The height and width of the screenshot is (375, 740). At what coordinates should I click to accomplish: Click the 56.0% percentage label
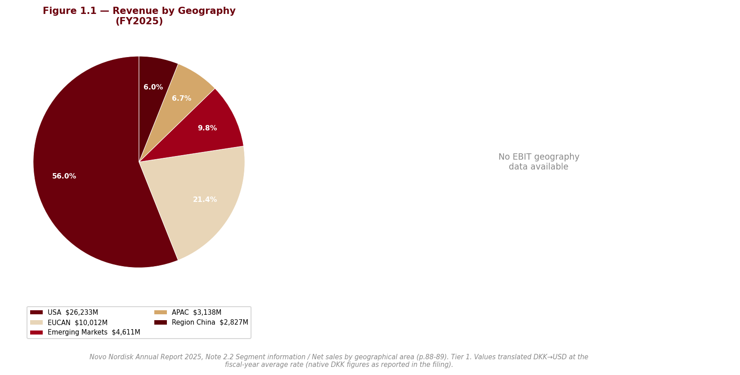pos(64,176)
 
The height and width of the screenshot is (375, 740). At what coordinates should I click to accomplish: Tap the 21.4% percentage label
pos(205,200)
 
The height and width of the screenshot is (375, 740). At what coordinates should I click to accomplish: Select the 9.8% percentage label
pos(207,128)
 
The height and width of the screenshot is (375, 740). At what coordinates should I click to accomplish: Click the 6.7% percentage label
pos(181,98)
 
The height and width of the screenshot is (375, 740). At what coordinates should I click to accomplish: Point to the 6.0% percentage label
pos(153,87)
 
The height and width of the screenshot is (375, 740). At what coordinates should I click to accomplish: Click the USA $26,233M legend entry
pos(64,312)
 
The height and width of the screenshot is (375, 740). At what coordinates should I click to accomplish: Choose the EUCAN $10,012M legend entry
pos(69,322)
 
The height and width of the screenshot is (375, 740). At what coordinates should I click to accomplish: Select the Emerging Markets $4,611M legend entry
pos(85,332)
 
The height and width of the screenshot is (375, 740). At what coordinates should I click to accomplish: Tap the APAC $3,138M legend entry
pos(188,312)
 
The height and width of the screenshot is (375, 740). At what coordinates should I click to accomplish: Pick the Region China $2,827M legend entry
pos(201,322)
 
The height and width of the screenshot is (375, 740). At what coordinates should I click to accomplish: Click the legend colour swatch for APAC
pos(161,312)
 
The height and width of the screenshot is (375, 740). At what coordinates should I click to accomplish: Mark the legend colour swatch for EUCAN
pos(36,322)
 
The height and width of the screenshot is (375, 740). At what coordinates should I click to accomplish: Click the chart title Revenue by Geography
pos(139,16)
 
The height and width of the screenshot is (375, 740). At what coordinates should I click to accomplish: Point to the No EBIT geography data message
pos(539,162)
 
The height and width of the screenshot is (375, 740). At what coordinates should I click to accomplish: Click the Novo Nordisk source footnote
pos(339,361)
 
